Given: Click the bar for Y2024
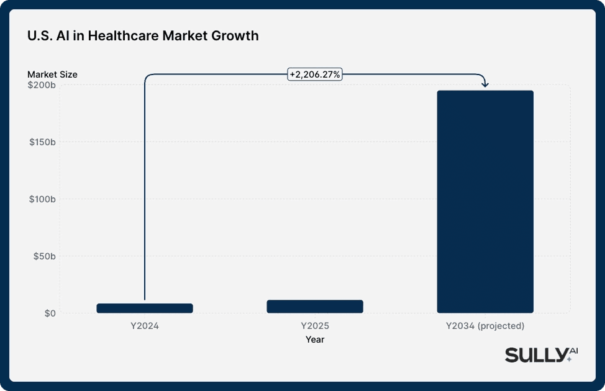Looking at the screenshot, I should click(145, 308).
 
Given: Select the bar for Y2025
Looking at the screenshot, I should click(315, 307).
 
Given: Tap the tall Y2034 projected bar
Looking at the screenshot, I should click(485, 202).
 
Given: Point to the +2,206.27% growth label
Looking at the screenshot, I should click(315, 74).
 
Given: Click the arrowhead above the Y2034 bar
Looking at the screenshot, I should click(485, 84).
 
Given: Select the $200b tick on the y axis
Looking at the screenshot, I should click(43, 85).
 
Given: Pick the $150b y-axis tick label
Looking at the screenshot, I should click(43, 142).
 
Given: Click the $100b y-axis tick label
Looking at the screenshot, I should click(43, 199).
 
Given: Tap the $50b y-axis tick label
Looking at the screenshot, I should click(45, 256).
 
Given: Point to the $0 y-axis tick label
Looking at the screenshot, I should click(49, 313).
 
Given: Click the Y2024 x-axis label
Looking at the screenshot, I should click(145, 326).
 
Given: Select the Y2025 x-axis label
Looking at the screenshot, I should click(315, 326).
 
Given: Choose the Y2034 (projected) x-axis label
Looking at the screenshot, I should click(485, 326).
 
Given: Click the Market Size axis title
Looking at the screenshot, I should click(52, 74).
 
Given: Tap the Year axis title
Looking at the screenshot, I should click(315, 339).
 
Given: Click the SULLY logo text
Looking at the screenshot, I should click(533, 355).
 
